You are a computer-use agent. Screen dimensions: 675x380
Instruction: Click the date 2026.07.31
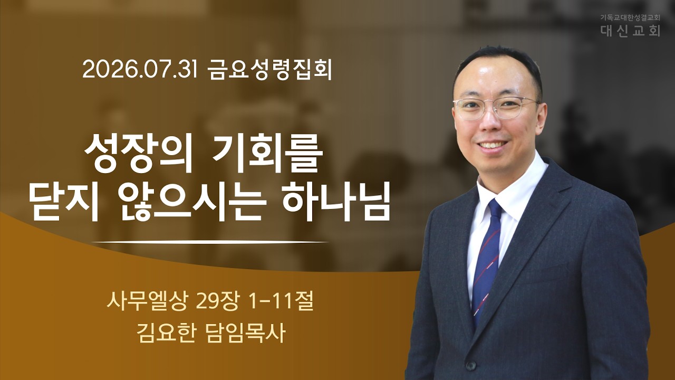click(140, 70)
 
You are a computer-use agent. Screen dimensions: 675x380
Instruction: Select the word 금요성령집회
click(269, 70)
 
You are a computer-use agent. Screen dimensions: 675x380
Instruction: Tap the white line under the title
click(210, 242)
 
